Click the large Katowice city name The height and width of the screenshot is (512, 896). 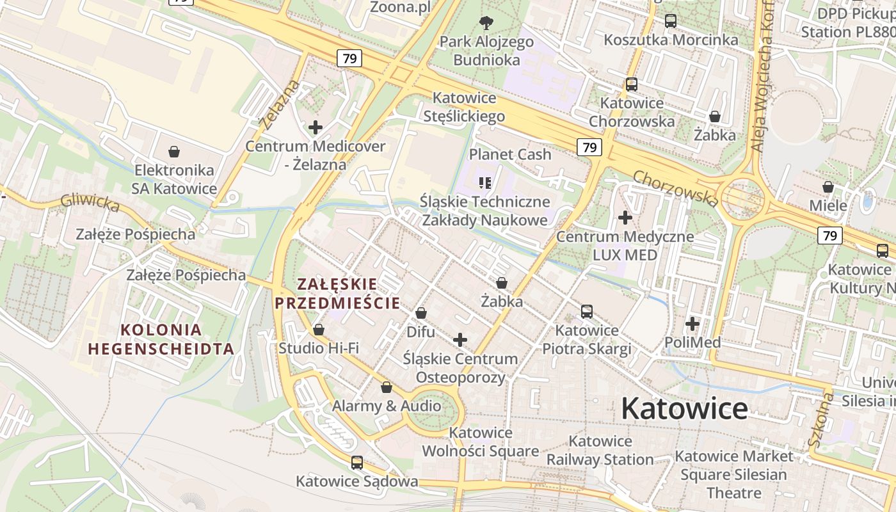pyautogui.click(x=684, y=408)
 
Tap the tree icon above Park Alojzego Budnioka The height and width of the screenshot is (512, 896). pyautogui.click(x=486, y=23)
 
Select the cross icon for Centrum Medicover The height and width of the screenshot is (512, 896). pyautogui.click(x=316, y=127)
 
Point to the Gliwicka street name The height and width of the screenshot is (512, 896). pyautogui.click(x=90, y=203)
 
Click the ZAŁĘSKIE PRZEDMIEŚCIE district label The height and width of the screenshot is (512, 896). pyautogui.click(x=337, y=292)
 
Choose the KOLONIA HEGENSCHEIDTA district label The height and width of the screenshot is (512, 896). pyautogui.click(x=161, y=339)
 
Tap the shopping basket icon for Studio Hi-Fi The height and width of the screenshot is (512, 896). pyautogui.click(x=319, y=330)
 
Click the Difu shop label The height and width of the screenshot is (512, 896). pyautogui.click(x=420, y=332)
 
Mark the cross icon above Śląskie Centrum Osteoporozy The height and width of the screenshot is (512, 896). pyautogui.click(x=460, y=340)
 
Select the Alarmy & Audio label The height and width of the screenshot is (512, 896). pyautogui.click(x=386, y=406)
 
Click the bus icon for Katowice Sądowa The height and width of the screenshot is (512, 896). pyautogui.click(x=357, y=462)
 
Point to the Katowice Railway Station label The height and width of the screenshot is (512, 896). pyautogui.click(x=600, y=450)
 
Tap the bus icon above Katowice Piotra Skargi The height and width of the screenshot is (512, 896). pyautogui.click(x=587, y=312)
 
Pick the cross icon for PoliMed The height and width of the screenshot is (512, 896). pyautogui.click(x=692, y=324)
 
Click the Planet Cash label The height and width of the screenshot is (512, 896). pyautogui.click(x=510, y=154)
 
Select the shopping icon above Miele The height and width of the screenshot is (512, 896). pyautogui.click(x=828, y=187)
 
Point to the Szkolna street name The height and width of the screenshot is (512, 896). pyautogui.click(x=820, y=420)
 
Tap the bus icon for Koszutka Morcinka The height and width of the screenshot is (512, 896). pyautogui.click(x=671, y=21)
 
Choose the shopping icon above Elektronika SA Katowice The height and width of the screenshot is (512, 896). pyautogui.click(x=173, y=152)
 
